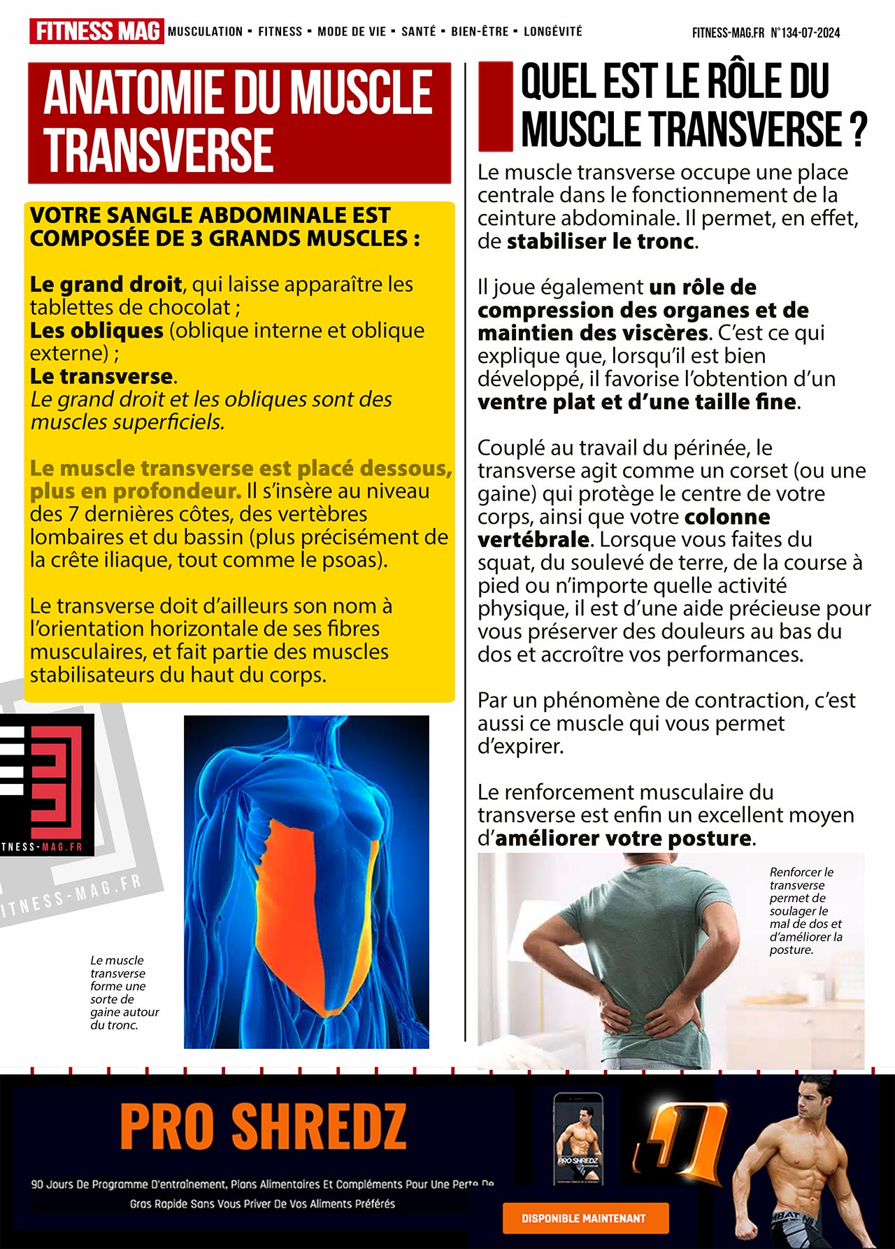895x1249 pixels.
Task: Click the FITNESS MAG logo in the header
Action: pyautogui.click(x=96, y=31)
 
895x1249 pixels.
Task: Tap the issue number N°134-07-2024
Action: pyautogui.click(x=805, y=33)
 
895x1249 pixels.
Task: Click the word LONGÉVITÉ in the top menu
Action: pyautogui.click(x=552, y=31)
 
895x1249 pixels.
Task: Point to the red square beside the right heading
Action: pyautogui.click(x=496, y=106)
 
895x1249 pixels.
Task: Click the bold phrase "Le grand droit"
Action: pyautogui.click(x=106, y=285)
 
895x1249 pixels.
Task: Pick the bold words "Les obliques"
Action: pyautogui.click(x=96, y=330)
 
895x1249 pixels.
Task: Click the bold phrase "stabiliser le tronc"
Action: pyautogui.click(x=601, y=241)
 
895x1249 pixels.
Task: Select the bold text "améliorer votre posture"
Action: pyautogui.click(x=623, y=838)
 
